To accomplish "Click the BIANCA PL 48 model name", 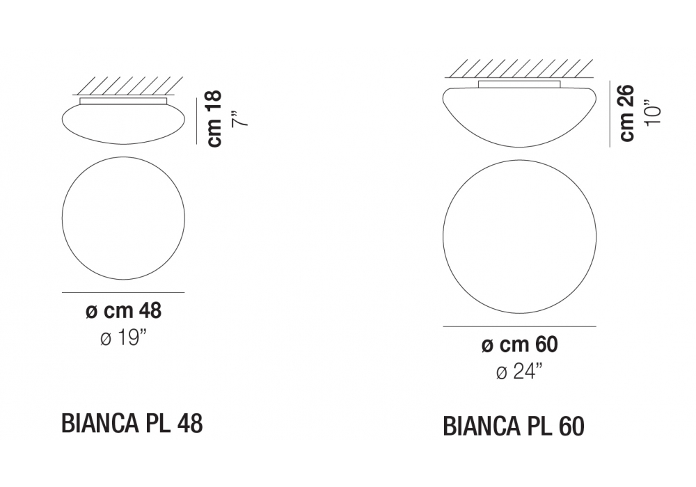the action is (132, 423).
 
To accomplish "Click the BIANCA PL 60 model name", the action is (514, 426).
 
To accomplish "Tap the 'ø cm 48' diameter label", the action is (123, 311).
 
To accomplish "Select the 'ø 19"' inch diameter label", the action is (123, 340).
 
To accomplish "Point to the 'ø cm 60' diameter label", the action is (519, 344).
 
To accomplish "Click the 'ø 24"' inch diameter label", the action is (519, 372).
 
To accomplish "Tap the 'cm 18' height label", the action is (215, 118).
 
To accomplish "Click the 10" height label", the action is (653, 109).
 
